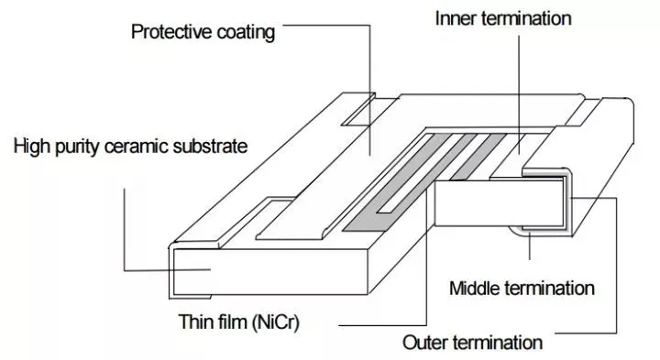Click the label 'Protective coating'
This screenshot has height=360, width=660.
[x=203, y=32]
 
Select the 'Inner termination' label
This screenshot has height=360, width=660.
[x=501, y=18]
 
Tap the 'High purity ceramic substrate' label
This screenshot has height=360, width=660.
[x=131, y=146]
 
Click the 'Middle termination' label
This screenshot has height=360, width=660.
[x=522, y=289]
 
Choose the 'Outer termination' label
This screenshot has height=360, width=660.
[x=472, y=344]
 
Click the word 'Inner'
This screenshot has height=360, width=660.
[x=452, y=18]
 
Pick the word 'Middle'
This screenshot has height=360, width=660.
[x=474, y=289]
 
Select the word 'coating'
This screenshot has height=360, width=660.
[x=244, y=32]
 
